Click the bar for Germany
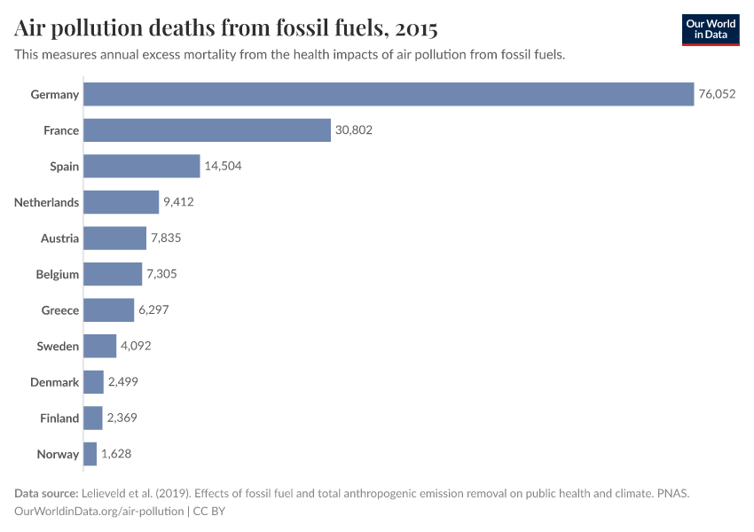[389, 94]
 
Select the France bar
[207, 130]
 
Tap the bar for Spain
[142, 167]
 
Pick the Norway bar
[90, 454]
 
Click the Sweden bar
[100, 346]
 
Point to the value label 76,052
[717, 94]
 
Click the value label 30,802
[354, 130]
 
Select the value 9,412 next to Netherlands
[178, 202]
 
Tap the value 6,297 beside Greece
[153, 310]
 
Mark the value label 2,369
[122, 419]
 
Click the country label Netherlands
[47, 202]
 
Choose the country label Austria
[59, 239]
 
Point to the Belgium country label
[58, 274]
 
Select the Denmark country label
[56, 382]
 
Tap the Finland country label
[59, 419]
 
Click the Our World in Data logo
[710, 29]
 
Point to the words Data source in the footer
[45, 493]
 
